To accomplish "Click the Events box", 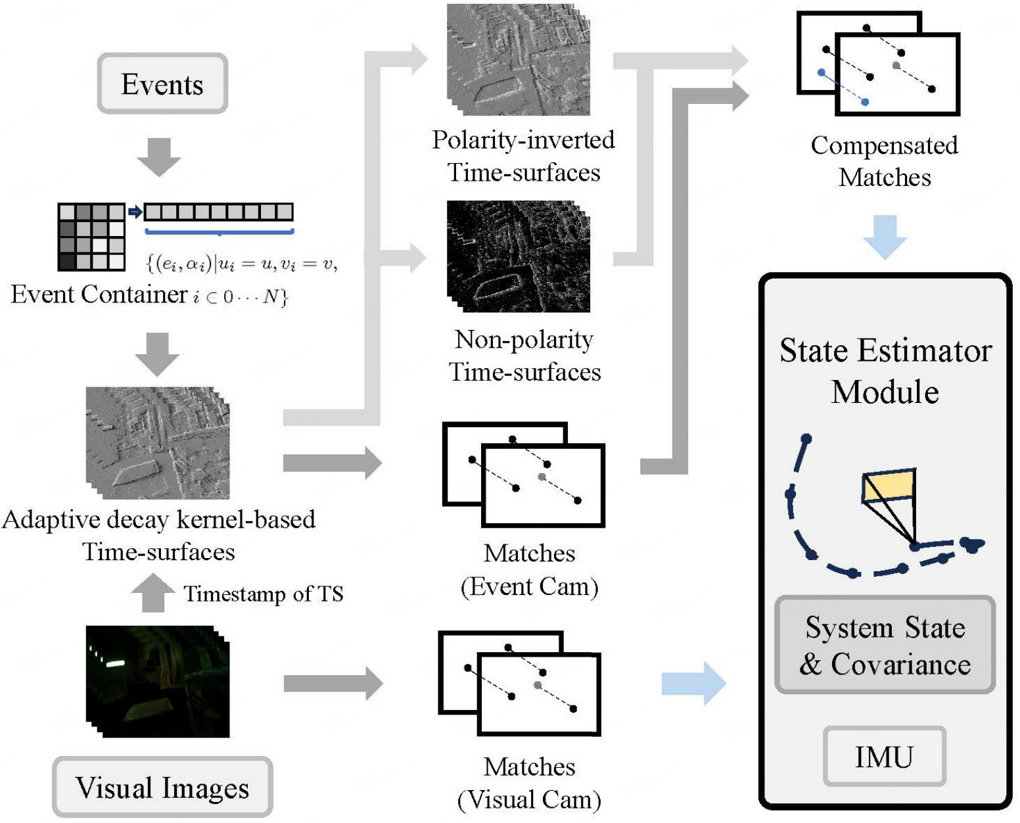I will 162,84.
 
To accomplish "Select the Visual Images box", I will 162,787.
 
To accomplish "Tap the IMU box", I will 884,757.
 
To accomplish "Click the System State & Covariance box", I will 885,645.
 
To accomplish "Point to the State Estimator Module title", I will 885,371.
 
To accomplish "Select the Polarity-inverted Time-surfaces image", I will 519,60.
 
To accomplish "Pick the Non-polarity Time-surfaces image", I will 519,256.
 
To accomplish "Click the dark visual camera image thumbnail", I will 158,681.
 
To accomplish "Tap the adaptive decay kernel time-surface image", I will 158,443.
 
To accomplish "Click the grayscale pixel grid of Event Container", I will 91,237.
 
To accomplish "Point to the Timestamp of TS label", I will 263,594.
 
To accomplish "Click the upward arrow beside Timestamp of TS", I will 153,592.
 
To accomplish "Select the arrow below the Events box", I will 158,156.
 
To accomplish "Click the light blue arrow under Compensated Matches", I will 885,236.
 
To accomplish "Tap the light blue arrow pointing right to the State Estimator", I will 693,684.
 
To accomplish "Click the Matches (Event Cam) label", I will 530,569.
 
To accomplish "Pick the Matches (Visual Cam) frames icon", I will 520,683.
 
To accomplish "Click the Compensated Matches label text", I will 884,161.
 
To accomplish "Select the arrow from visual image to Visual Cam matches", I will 333,684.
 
